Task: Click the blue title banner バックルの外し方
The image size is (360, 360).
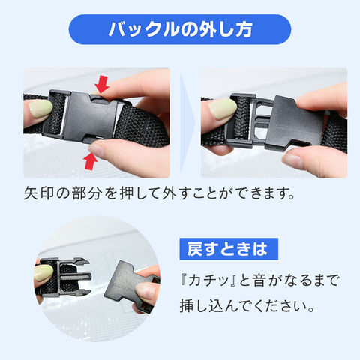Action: [x=180, y=29]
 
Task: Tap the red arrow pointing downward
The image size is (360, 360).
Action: [x=102, y=84]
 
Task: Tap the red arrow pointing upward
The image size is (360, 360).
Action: [x=91, y=161]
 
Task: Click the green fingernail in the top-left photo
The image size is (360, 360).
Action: [x=40, y=109]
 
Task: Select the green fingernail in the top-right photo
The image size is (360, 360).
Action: [x=222, y=109]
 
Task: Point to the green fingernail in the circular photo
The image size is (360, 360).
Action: [x=43, y=273]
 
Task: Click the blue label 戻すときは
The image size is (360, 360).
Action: [x=229, y=249]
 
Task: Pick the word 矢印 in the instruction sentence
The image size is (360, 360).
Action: [x=39, y=193]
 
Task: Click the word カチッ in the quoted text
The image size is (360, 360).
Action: [x=208, y=280]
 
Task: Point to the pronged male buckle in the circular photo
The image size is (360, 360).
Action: [x=65, y=276]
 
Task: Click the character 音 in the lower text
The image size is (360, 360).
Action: [x=259, y=280]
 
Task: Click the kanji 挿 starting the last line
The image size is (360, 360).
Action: [x=187, y=306]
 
